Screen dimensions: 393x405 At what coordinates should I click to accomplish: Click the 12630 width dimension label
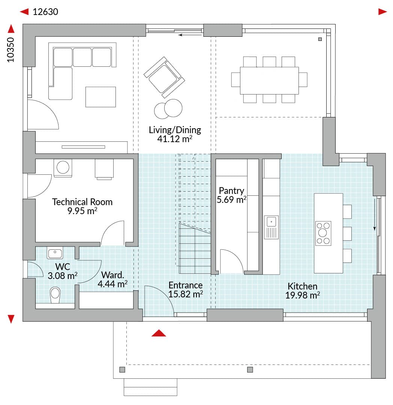pyautogui.click(x=45, y=12)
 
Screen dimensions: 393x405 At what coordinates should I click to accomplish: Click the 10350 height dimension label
pyautogui.click(x=10, y=50)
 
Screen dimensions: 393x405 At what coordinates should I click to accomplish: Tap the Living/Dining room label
pyautogui.click(x=175, y=130)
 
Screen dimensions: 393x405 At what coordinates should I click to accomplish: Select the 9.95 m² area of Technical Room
pyautogui.click(x=82, y=211)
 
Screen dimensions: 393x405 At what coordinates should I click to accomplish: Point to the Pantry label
pyautogui.click(x=231, y=190)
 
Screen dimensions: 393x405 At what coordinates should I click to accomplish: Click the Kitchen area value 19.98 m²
pyautogui.click(x=303, y=295)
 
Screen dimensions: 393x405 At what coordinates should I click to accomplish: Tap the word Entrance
pyautogui.click(x=185, y=285)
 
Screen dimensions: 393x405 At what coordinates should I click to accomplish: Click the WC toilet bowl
pyautogui.click(x=55, y=295)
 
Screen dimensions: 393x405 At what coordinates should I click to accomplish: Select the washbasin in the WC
pyautogui.click(x=55, y=253)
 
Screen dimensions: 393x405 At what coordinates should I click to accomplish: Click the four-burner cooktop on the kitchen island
pyautogui.click(x=323, y=233)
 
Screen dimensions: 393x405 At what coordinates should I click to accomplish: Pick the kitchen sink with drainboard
pyautogui.click(x=271, y=227)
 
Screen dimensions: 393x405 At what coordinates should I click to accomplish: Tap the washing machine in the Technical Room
pyautogui.click(x=63, y=168)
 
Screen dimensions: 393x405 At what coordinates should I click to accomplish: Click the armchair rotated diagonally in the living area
pyautogui.click(x=164, y=77)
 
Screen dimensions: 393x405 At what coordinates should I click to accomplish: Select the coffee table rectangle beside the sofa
pyautogui.click(x=101, y=97)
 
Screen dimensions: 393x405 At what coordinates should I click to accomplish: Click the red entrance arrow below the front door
pyautogui.click(x=159, y=333)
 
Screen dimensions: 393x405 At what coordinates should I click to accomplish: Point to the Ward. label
pyautogui.click(x=112, y=275)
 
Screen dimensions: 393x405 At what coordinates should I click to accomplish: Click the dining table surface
pyautogui.click(x=269, y=81)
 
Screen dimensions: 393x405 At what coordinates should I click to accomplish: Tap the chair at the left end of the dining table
pyautogui.click(x=235, y=79)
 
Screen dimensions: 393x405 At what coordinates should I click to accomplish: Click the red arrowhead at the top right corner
pyautogui.click(x=382, y=12)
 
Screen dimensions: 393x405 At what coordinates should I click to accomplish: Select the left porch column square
pyautogui.click(x=122, y=370)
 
